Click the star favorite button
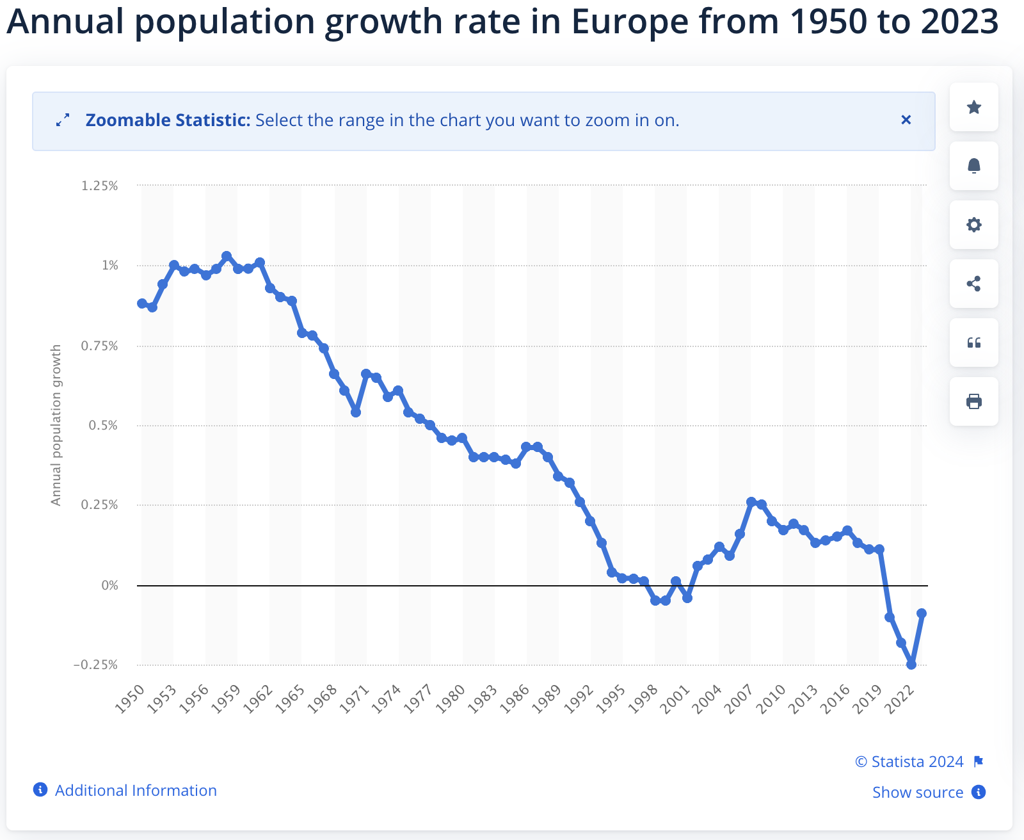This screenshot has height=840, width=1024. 973,107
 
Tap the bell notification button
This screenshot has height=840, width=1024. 973,166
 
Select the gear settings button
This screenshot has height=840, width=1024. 973,225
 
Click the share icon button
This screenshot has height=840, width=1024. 973,284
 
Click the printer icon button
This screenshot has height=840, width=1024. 973,401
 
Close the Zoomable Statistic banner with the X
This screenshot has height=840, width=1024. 906,120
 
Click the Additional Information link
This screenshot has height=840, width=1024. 136,791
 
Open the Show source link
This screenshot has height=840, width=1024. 918,793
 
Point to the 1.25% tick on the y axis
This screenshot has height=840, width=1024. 100,186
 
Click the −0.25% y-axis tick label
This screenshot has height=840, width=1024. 95,665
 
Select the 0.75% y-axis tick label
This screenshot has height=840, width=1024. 100,346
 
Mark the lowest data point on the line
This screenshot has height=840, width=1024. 911,665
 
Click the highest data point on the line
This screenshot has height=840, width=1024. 227,256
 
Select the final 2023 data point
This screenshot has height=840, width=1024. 922,613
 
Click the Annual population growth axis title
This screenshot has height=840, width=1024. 56,425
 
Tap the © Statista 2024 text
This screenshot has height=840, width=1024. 909,761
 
